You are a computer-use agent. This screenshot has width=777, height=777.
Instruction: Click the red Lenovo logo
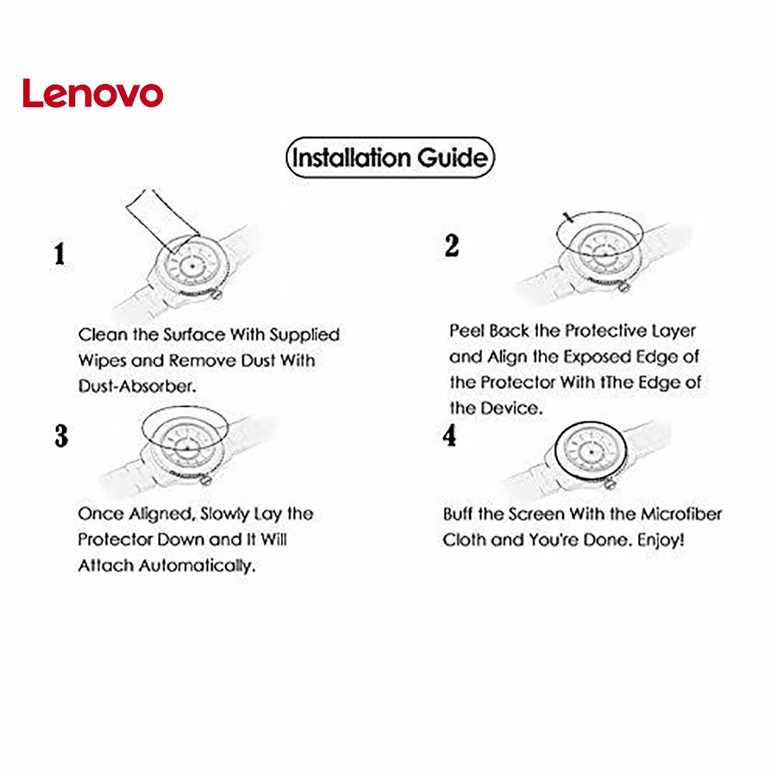[x=92, y=93]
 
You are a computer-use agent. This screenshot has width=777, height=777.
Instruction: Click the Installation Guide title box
[x=390, y=158]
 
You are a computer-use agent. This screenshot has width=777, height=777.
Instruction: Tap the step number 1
[x=59, y=255]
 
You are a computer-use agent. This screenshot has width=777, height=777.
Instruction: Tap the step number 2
[x=452, y=246]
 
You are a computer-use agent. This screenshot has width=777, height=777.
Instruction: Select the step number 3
[x=61, y=435]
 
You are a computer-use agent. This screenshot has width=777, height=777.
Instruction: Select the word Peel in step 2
[x=467, y=331]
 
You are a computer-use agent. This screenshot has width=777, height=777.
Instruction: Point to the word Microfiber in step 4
[x=681, y=514]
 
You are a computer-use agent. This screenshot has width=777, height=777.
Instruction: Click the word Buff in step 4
[x=459, y=514]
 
